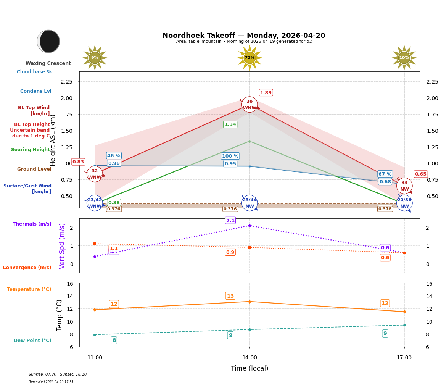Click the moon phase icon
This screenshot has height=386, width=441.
[x=48, y=41]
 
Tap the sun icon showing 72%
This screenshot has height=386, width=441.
[x=249, y=58]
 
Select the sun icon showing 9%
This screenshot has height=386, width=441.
[x=95, y=58]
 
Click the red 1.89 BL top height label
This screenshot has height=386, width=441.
[x=266, y=93]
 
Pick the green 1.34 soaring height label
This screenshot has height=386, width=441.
[x=230, y=124]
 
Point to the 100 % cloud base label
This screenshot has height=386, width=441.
[x=230, y=156]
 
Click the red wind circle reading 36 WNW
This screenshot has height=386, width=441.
[x=249, y=104]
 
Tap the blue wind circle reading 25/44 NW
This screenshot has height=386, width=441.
[x=249, y=203]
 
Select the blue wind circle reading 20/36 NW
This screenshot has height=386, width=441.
[x=404, y=203]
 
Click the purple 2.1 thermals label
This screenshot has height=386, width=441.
[x=230, y=220]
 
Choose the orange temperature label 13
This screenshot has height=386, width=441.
[x=230, y=296]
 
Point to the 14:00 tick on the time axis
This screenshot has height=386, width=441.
[x=249, y=357]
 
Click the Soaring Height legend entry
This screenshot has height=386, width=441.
[x=31, y=150]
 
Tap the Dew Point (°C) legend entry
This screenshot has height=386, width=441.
[x=32, y=341]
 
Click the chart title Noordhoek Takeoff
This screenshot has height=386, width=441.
[x=244, y=36]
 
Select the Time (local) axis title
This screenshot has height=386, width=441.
[x=249, y=368]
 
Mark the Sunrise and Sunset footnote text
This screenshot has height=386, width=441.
[x=58, y=375]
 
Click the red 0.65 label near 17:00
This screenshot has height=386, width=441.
[x=420, y=174]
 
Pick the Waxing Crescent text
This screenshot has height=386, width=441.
[x=48, y=63]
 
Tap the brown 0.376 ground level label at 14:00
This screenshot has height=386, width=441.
[x=230, y=209]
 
